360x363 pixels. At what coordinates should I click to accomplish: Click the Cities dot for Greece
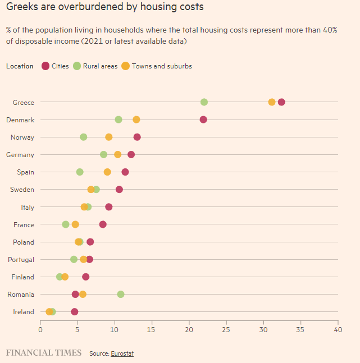[281, 102]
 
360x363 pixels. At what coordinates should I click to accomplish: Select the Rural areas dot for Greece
[204, 102]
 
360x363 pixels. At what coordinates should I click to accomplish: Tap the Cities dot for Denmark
[203, 120]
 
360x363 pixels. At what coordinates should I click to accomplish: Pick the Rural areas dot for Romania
[121, 294]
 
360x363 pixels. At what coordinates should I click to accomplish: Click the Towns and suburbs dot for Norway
[109, 137]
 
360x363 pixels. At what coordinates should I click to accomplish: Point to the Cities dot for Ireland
[75, 311]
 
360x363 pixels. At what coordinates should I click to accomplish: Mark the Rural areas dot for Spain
[80, 172]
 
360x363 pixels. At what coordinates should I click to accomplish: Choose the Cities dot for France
[103, 224]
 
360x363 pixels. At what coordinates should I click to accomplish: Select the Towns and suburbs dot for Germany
[118, 154]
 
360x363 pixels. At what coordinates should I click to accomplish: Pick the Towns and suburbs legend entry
[157, 66]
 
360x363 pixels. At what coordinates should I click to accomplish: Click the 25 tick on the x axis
[226, 329]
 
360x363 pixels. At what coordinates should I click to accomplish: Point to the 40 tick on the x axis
[338, 329]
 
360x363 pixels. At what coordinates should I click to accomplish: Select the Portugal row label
[21, 260]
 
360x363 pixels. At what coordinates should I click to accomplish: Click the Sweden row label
[22, 190]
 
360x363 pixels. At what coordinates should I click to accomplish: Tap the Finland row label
[23, 277]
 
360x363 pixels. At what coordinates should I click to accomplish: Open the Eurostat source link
[122, 353]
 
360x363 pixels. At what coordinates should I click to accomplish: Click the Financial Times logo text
[44, 353]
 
